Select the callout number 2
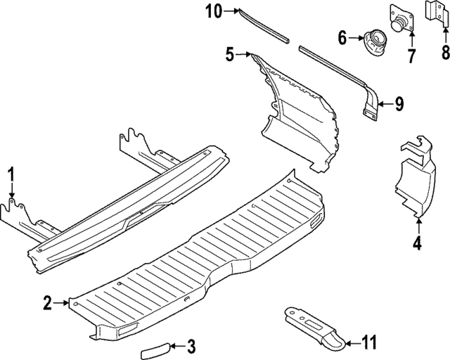pyautogui.click(x=47, y=303)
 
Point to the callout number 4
pyautogui.click(x=418, y=245)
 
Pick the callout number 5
pyautogui.click(x=230, y=53)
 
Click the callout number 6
pyautogui.click(x=342, y=37)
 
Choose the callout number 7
pyautogui.click(x=412, y=53)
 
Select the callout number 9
pyautogui.click(x=399, y=105)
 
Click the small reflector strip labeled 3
pyautogui.click(x=153, y=350)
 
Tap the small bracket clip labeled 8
pyautogui.click(x=435, y=13)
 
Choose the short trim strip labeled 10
pyautogui.click(x=264, y=23)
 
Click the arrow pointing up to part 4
pyautogui.click(x=418, y=226)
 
